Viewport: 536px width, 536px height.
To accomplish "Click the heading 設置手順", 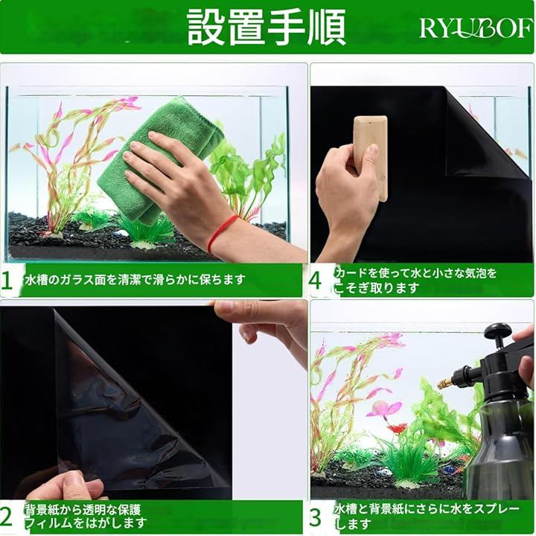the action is pos(266,27).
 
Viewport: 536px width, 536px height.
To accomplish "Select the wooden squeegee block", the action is pos(371,158).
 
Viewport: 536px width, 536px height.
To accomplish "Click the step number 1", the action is pos(7,281).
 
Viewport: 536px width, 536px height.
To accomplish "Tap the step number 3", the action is pos(315,517).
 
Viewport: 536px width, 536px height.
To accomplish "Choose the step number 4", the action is pos(315,281).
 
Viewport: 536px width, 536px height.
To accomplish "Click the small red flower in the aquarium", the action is pos(398,428).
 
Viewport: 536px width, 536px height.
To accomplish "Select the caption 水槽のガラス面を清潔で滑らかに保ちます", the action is pos(135,280).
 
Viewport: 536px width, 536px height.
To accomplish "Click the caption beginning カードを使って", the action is pos(415,281).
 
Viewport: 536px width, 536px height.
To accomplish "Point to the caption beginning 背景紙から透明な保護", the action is pos(86,516).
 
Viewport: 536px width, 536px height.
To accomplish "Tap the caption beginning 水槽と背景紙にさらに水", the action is pos(427,516).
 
